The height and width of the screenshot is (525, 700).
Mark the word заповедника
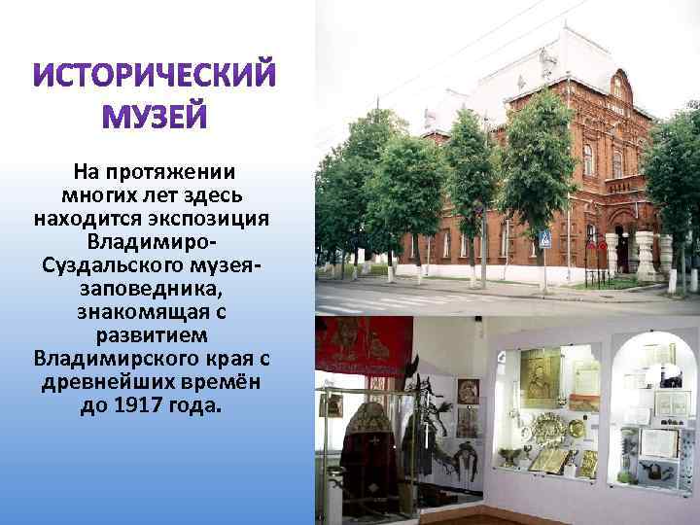click(x=151, y=289)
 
